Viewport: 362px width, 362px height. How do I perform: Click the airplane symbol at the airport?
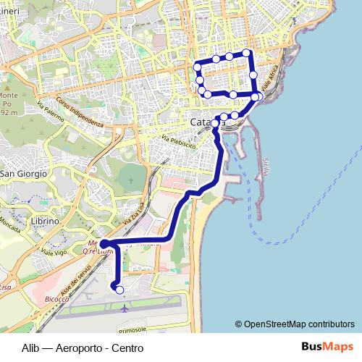pyautogui.click(x=124, y=308)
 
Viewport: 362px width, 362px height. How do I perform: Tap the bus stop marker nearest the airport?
pyautogui.click(x=119, y=290)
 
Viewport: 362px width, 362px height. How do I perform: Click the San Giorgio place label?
pyautogui.click(x=23, y=174)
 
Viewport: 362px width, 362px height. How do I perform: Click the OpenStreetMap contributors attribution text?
pyautogui.click(x=299, y=324)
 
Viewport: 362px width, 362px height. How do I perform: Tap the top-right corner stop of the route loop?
pyautogui.click(x=247, y=53)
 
